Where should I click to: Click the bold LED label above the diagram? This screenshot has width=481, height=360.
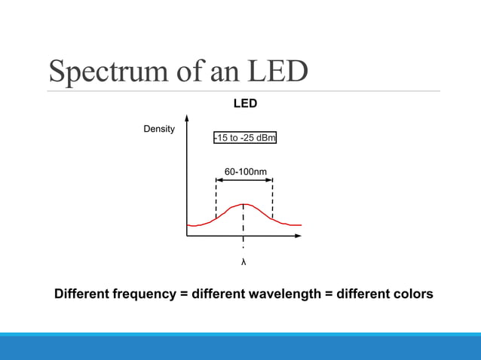(244, 104)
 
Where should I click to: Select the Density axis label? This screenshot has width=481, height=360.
(159, 130)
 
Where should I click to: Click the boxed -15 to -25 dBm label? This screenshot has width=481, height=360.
(244, 139)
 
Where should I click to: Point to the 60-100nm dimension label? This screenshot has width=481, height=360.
(245, 172)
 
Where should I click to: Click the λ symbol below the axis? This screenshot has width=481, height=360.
(244, 263)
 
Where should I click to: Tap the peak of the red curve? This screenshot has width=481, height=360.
(243, 204)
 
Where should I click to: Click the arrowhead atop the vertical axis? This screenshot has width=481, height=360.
(186, 117)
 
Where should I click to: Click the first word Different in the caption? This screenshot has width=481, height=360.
(81, 294)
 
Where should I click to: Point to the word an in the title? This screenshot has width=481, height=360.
(222, 72)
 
